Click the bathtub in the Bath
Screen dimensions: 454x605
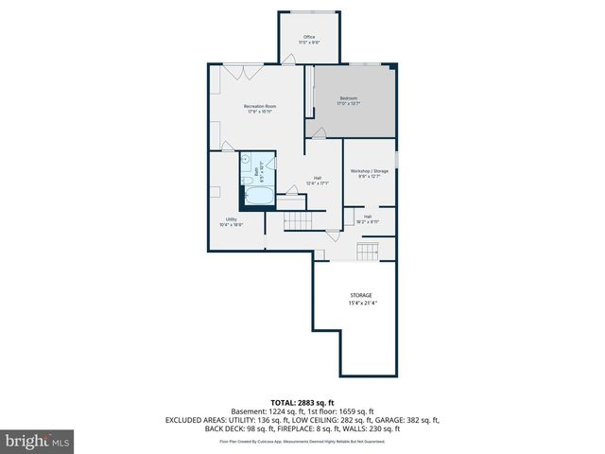[258, 196]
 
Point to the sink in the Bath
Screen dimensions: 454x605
[268, 163]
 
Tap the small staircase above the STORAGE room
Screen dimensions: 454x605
[367, 251]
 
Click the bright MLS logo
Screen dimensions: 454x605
[39, 440]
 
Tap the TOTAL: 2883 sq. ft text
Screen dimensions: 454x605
[302, 403]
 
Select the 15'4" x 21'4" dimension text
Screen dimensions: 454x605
[360, 304]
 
